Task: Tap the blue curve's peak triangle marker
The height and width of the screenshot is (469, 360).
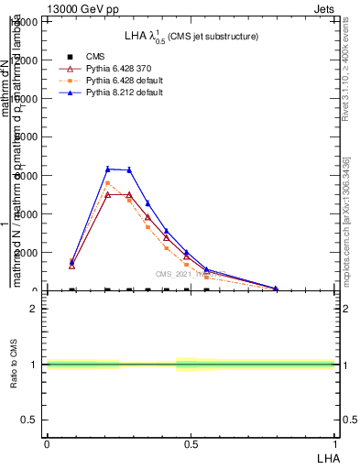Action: point(108,169)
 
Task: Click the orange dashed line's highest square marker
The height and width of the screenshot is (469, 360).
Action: point(108,183)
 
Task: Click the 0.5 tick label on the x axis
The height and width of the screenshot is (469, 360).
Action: point(191,443)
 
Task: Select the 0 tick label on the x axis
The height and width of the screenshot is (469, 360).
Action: point(47,443)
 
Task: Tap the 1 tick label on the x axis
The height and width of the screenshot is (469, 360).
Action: point(335,443)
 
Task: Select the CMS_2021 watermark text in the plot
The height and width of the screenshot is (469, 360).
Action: point(183,274)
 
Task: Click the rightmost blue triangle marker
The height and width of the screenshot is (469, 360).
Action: point(276,289)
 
